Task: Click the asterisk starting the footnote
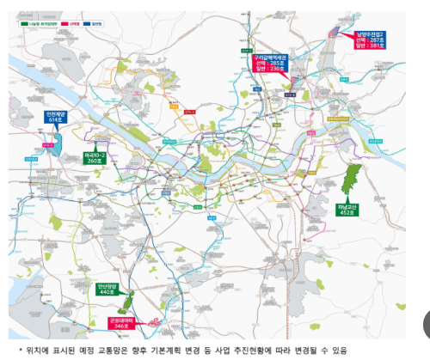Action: point(21,350)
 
